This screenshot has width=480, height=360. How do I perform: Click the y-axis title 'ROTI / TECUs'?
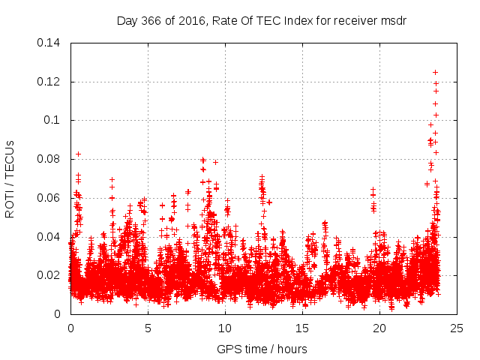[10, 178]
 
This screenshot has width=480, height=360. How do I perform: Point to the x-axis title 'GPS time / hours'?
[262, 349]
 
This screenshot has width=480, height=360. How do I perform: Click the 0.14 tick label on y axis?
[50, 43]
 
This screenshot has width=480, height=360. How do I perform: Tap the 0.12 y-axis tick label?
[50, 81]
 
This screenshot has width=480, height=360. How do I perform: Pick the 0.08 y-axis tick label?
[50, 159]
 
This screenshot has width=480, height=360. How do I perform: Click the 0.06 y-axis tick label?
[50, 198]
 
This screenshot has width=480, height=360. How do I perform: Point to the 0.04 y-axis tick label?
[50, 236]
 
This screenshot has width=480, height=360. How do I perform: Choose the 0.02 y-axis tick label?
[50, 275]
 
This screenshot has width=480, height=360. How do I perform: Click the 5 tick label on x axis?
[148, 328]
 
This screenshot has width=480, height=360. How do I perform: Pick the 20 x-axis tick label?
[379, 328]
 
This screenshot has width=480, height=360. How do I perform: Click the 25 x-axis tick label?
[457, 328]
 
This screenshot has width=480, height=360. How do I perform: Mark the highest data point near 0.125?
[435, 72]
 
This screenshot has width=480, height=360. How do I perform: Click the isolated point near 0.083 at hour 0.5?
[78, 154]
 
